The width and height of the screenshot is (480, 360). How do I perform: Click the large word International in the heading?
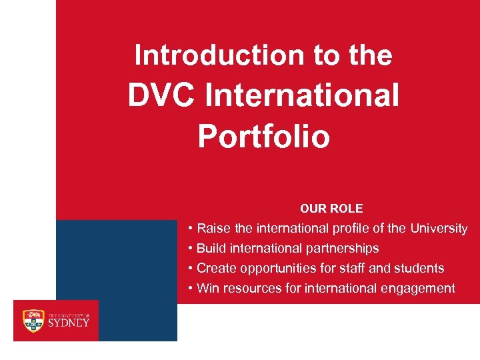coord(303,95)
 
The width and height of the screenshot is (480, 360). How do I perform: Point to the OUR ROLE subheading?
coord(331,209)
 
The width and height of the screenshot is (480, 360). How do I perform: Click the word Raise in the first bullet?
coord(214,229)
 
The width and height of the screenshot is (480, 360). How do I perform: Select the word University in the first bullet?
coord(439,229)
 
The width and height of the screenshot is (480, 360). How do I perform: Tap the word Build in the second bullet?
coord(211,249)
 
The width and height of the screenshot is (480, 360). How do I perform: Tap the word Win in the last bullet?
coord(208,289)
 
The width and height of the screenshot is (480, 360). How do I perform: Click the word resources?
coord(251,289)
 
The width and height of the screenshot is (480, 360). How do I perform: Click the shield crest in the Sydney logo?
coord(33,320)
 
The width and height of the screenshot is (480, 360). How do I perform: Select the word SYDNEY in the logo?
coord(68,323)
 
